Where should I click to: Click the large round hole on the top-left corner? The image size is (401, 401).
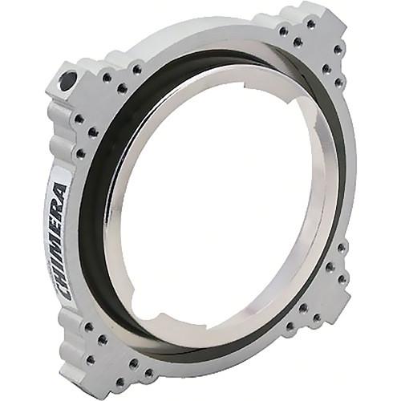68,79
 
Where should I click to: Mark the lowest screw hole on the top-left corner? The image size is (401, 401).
79,152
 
